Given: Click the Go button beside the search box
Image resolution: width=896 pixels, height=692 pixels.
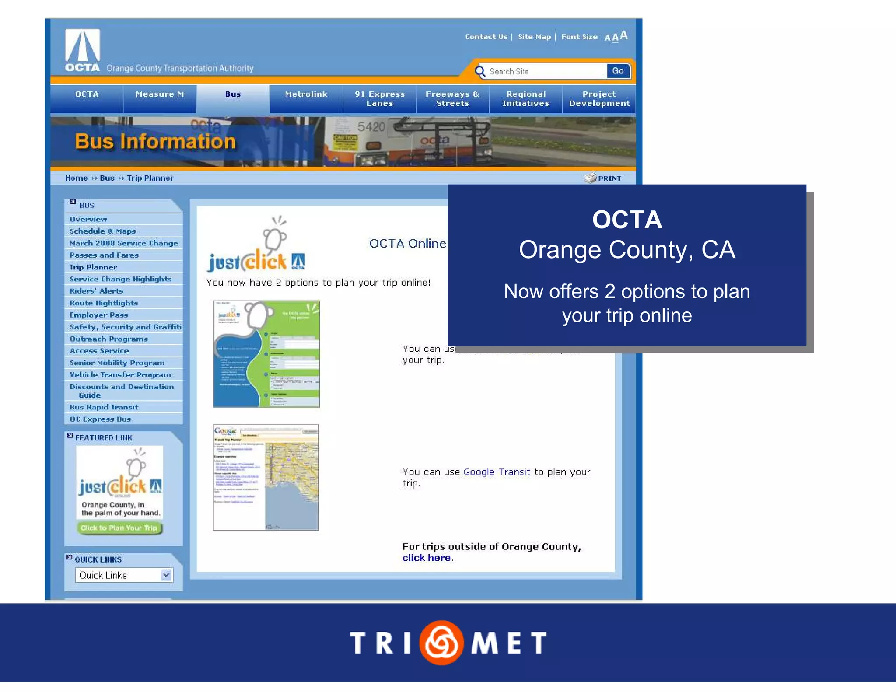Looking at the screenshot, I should [617, 71].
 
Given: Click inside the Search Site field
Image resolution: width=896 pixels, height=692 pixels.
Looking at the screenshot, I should [545, 71].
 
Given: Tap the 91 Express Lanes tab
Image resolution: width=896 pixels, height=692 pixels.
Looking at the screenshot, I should [379, 99].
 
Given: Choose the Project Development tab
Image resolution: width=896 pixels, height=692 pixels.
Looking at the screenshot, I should [599, 99].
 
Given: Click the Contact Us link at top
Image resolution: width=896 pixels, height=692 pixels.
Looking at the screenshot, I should [486, 37].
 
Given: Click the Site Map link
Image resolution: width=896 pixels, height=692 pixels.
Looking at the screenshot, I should [534, 37].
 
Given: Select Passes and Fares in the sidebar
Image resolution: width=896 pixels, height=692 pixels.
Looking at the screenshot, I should [104, 255].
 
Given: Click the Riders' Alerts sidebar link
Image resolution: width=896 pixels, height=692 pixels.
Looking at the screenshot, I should [96, 291].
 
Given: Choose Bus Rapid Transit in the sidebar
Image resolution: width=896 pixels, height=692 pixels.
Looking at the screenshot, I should [104, 407].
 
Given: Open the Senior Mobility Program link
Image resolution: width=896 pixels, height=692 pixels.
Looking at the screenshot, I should [117, 363].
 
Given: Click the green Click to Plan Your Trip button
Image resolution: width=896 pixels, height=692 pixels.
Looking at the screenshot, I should [119, 528].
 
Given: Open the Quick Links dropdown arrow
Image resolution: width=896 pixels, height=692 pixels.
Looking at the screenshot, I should [166, 575].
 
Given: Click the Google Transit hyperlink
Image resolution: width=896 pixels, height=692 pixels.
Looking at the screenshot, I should [497, 472].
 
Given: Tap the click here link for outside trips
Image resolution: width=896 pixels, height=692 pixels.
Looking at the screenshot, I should [427, 558].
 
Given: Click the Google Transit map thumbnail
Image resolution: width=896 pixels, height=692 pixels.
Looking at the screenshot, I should [266, 478].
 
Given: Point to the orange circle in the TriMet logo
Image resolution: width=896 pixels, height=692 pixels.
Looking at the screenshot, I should [441, 642].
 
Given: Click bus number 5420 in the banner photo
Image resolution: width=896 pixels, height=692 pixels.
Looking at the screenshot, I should [371, 127].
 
